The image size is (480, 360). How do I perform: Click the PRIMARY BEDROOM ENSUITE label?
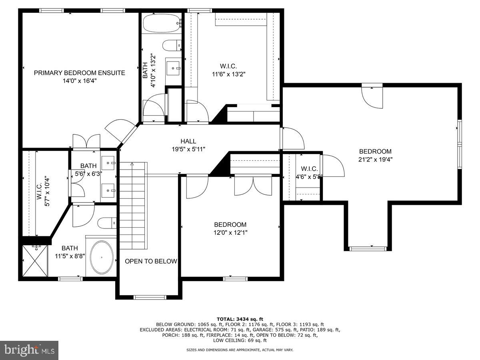[x=79, y=73]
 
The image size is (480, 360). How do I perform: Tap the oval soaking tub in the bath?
[x=102, y=258]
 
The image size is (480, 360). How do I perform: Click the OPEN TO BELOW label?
[x=151, y=261]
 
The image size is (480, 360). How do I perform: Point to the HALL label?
[x=188, y=141]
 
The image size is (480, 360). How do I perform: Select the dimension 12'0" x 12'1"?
[x=230, y=232]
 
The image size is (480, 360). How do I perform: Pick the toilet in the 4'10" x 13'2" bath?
[x=172, y=46]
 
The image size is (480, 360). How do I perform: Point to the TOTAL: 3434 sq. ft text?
[x=240, y=319]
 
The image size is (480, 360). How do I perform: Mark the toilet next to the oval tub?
[x=107, y=223]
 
